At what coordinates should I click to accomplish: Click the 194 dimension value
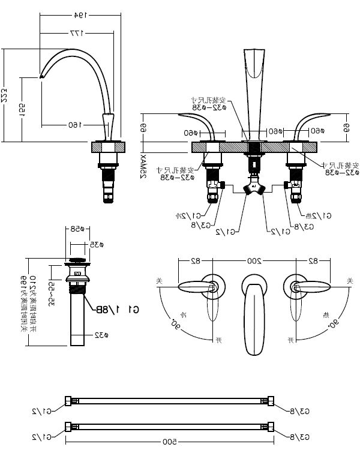click(x=81, y=13)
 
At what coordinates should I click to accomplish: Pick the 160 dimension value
click(x=74, y=125)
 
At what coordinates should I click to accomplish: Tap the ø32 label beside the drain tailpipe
click(x=100, y=335)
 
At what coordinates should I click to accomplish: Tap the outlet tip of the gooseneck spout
click(x=42, y=76)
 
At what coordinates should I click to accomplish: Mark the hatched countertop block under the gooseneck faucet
click(x=108, y=146)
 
